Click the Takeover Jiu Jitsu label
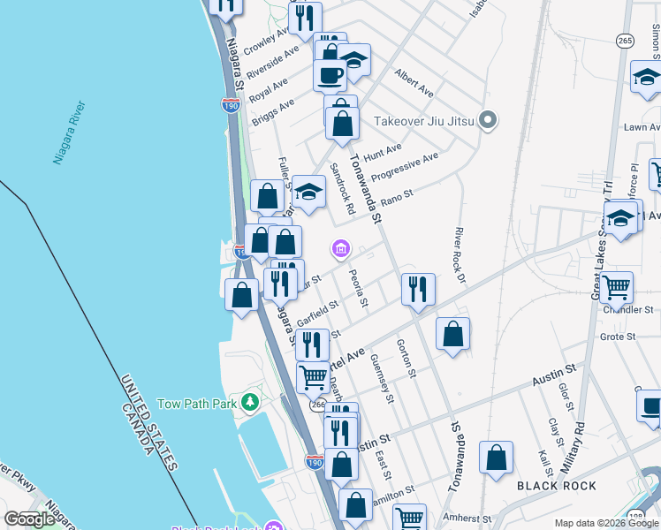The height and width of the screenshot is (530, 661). coord(424,121)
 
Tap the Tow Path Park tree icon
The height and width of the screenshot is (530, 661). coord(251,403)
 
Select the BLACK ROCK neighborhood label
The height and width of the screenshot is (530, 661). coord(557,486)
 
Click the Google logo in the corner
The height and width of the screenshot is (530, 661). coord(29,519)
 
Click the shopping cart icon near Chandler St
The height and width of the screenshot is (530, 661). coord(616,286)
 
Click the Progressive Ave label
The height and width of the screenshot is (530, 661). coord(405,168)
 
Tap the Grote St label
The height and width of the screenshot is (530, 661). coord(619,337)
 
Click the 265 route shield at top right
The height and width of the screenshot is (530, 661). coord(626,41)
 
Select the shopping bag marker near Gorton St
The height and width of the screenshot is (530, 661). coord(452,334)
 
